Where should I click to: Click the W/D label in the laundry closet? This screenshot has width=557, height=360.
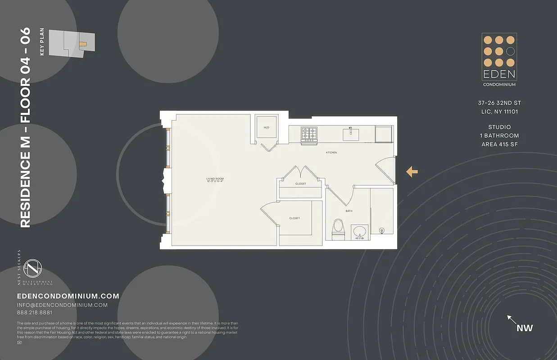266,128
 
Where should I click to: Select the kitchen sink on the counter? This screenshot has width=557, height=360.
351,134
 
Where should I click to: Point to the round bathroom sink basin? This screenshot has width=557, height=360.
360,232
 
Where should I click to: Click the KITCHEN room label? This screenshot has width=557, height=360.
331,153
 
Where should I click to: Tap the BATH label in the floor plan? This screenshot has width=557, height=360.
349,211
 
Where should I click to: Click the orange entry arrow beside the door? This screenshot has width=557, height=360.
412,171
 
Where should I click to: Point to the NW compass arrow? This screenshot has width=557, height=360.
512,320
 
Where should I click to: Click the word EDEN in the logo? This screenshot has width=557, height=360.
499,74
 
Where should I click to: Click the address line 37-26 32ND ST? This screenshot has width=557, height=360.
499,103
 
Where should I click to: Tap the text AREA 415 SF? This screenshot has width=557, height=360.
499,144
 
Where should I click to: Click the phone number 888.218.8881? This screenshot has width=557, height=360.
35,313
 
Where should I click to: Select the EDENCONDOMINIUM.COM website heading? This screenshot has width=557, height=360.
68,296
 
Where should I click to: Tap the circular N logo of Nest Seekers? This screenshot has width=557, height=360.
32,269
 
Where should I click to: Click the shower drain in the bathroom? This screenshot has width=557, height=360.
382,230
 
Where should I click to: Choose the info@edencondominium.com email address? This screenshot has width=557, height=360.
62,305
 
